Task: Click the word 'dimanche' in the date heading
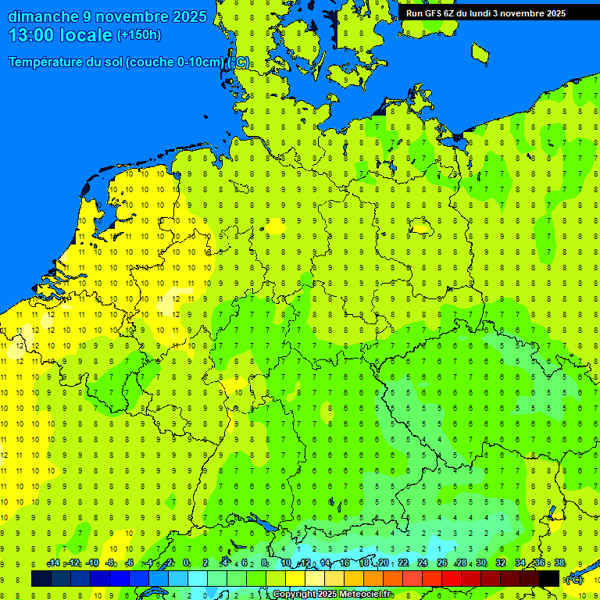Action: pyautogui.click(x=42, y=16)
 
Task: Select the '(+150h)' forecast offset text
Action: pyautogui.click(x=139, y=35)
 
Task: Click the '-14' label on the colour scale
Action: pyautogui.click(x=53, y=563)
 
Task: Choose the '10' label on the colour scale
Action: pyautogui.click(x=286, y=563)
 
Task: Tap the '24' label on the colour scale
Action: pyautogui.click(x=423, y=563)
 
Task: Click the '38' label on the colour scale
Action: pyautogui.click(x=559, y=563)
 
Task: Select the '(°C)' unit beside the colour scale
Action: pyautogui.click(x=574, y=579)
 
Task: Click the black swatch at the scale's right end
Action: pyautogui.click(x=549, y=578)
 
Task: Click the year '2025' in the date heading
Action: pyautogui.click(x=188, y=16)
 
